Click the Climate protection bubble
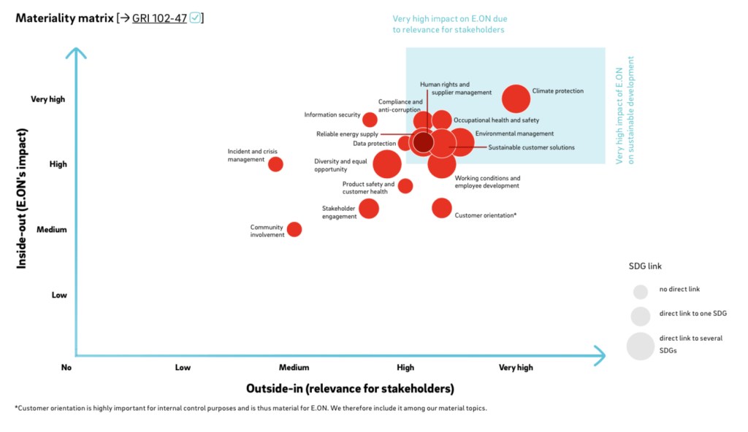pyautogui.click(x=516, y=99)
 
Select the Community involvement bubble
pyautogui.click(x=294, y=229)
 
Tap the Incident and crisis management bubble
pyautogui.click(x=275, y=164)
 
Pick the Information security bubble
pyautogui.click(x=370, y=120)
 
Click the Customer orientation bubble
pyautogui.click(x=441, y=208)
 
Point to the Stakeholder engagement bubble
pyautogui.click(x=369, y=209)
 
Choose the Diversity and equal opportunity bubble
pyautogui.click(x=387, y=164)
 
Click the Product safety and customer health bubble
pyautogui.click(x=405, y=185)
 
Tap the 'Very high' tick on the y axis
pyautogui.click(x=48, y=99)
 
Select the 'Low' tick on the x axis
pyautogui.click(x=183, y=368)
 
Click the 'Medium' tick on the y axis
pyautogui.click(x=52, y=230)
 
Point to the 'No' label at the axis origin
pyautogui.click(x=66, y=368)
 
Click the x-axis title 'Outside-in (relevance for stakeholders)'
pyautogui.click(x=350, y=388)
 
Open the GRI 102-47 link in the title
pyautogui.click(x=159, y=18)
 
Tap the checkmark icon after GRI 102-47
pyautogui.click(x=194, y=18)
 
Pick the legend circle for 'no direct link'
pyautogui.click(x=641, y=292)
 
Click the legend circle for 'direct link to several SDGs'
pyautogui.click(x=640, y=346)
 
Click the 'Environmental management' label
pyautogui.click(x=514, y=134)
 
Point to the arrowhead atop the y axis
pyautogui.click(x=76, y=53)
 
